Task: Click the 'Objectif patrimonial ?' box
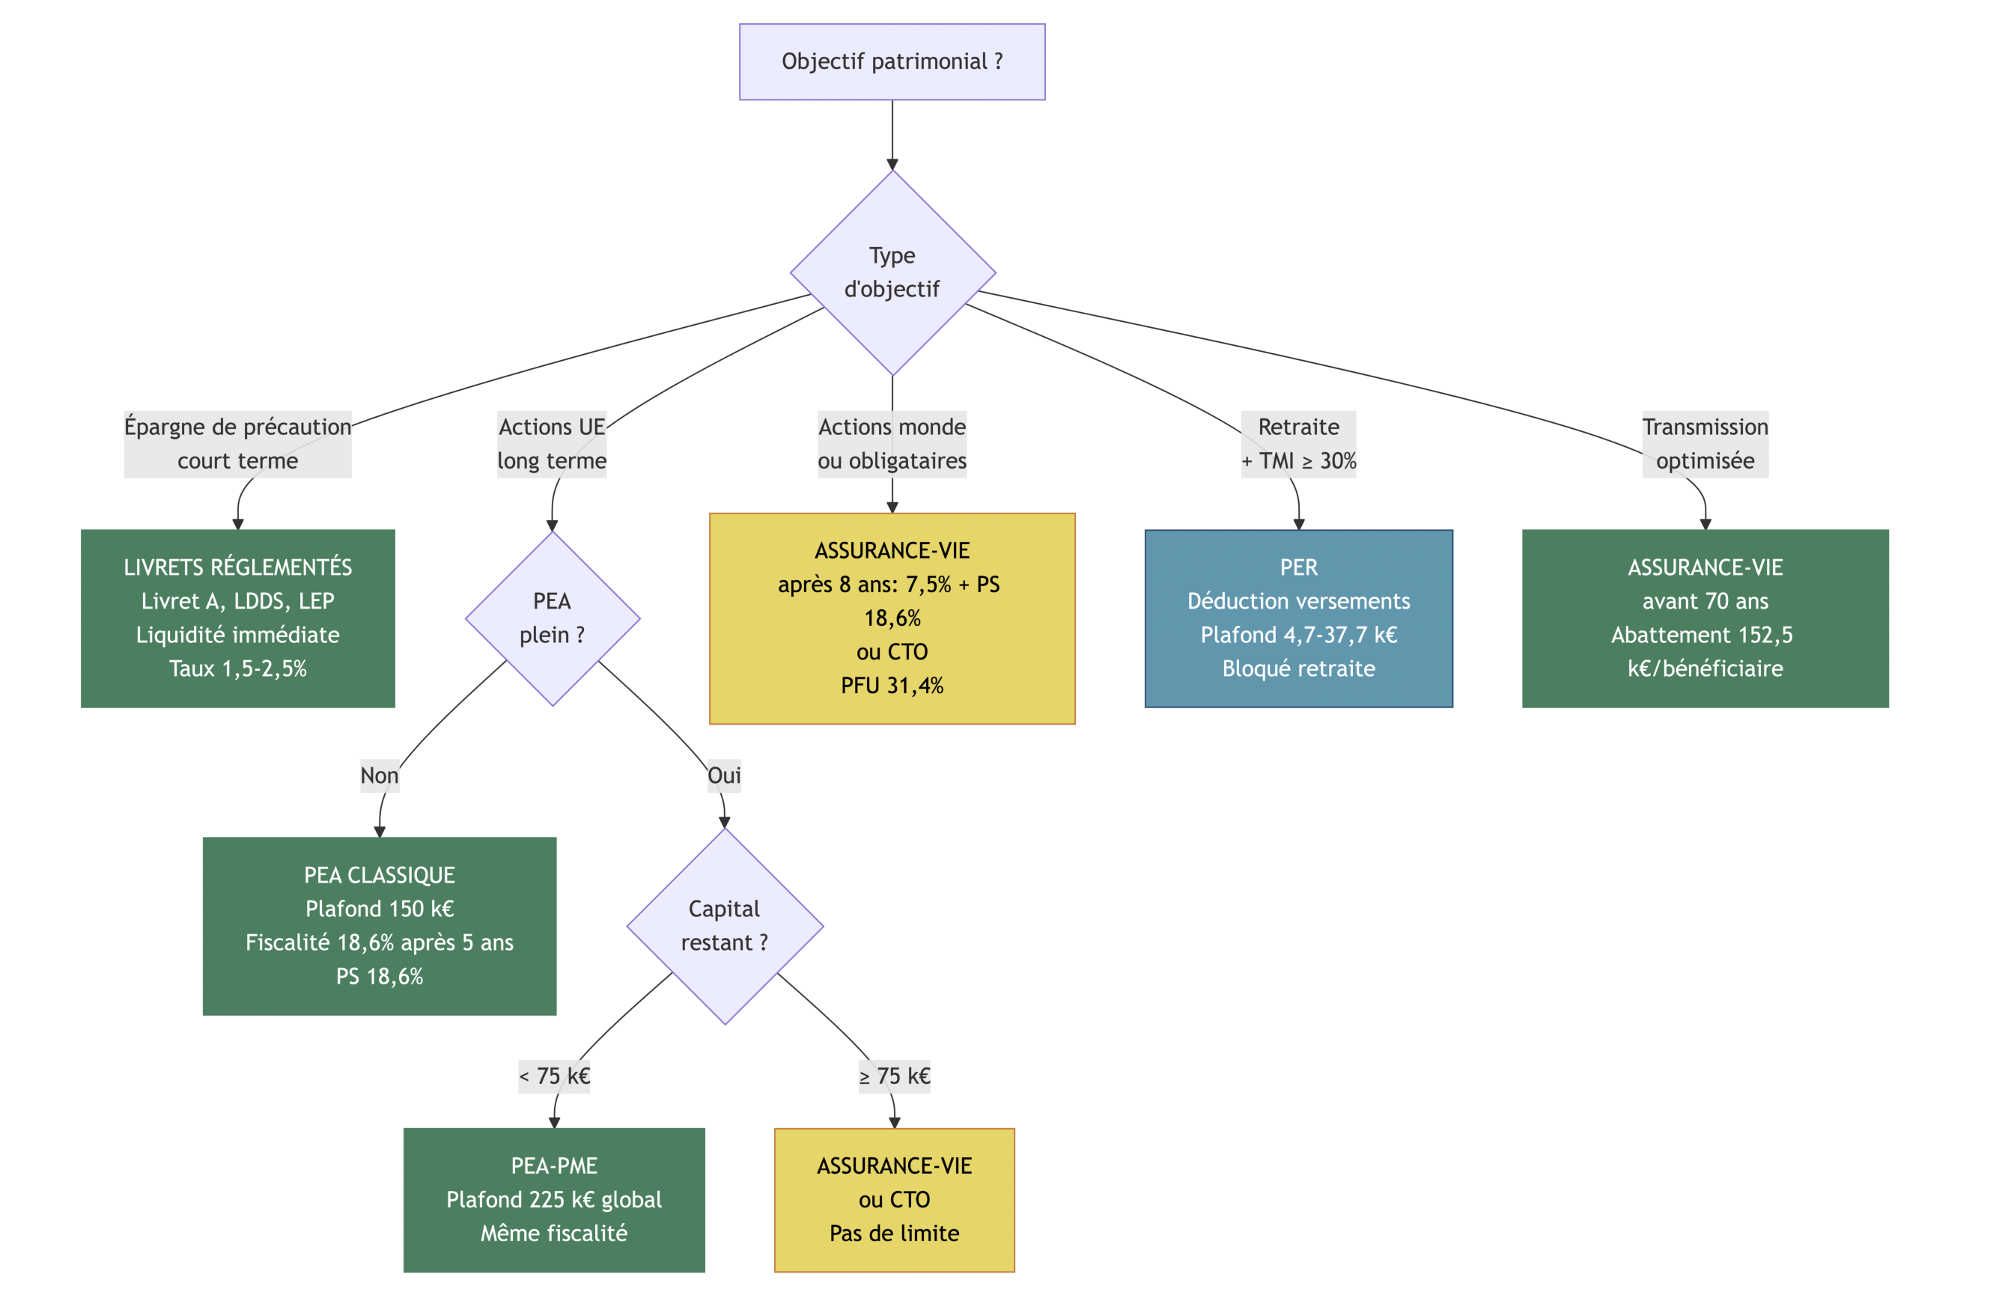coord(892,62)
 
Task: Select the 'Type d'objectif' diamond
coord(892,273)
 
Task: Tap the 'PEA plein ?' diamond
coord(552,619)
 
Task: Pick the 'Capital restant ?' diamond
coord(724,926)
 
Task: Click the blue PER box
coord(1298,619)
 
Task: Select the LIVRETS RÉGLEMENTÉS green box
coord(238,619)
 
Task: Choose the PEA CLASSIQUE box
coord(380,926)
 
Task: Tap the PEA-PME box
coord(553,1200)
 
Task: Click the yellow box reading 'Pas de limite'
coord(893,1200)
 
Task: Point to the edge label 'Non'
coord(380,776)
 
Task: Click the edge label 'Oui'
coord(724,776)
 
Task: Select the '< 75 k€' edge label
coord(553,1076)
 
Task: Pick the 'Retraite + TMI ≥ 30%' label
coord(1298,444)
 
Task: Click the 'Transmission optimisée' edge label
coord(1705,444)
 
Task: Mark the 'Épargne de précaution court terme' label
coord(238,444)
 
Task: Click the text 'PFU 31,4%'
coord(892,686)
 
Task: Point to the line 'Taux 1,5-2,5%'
coord(238,669)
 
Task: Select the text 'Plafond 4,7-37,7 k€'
coord(1298,636)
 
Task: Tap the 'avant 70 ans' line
coord(1705,601)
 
